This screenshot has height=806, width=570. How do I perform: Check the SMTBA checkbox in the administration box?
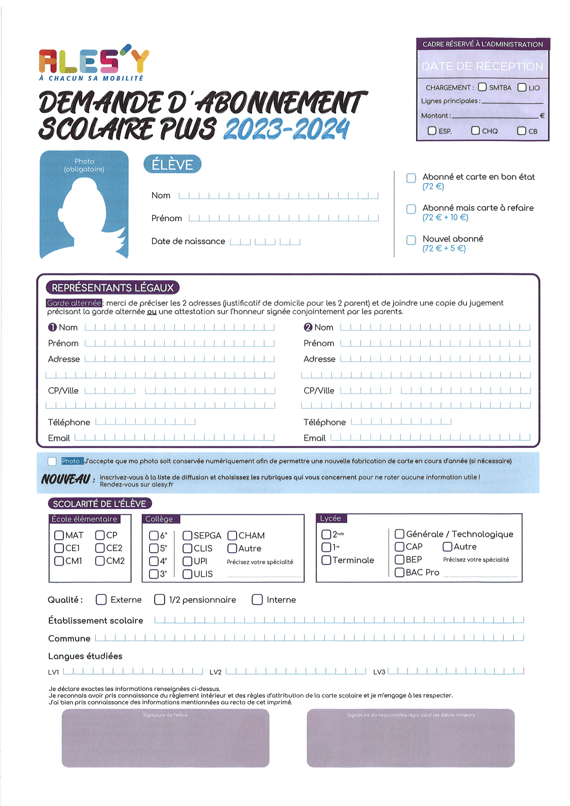(482, 87)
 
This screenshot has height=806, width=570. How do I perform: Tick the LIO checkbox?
(522, 87)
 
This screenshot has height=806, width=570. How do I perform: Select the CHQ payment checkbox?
(475, 131)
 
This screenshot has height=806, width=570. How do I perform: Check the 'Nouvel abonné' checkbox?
(411, 240)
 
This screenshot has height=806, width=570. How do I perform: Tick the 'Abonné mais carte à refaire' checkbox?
(411, 209)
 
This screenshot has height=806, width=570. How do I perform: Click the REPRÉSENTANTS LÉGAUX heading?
(113, 288)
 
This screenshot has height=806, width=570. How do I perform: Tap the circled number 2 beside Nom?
(308, 327)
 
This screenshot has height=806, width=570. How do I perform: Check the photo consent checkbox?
(52, 461)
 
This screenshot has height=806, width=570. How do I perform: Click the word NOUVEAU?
(66, 479)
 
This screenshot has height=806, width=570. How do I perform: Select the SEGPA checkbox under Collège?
(187, 536)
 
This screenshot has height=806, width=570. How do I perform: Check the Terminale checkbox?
(326, 560)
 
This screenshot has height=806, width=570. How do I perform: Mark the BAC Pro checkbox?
(399, 572)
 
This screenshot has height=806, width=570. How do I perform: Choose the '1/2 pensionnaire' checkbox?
(160, 600)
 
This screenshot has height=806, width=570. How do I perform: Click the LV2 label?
(216, 672)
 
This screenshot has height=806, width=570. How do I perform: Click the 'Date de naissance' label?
(188, 241)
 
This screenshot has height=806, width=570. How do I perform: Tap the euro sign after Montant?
(542, 116)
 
